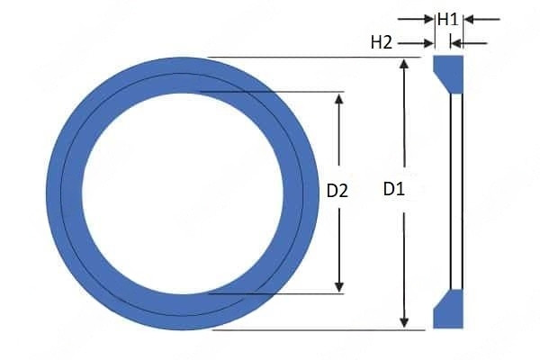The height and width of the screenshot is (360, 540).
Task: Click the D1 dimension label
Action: [394, 190]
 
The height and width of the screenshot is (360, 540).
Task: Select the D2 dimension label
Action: [337, 191]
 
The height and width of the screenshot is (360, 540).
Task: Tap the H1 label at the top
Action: [448, 18]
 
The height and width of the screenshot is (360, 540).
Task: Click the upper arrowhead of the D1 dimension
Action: [405, 65]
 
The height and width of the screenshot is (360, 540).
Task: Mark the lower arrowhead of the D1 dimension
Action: [405, 321]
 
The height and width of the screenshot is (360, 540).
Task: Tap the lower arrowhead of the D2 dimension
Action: [339, 285]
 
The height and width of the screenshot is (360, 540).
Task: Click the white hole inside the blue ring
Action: [184, 192]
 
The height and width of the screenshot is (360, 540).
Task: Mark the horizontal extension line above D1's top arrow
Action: [306, 58]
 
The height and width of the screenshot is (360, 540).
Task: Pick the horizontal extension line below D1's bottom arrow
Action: [306, 329]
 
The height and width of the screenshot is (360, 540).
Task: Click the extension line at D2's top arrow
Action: [270, 91]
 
